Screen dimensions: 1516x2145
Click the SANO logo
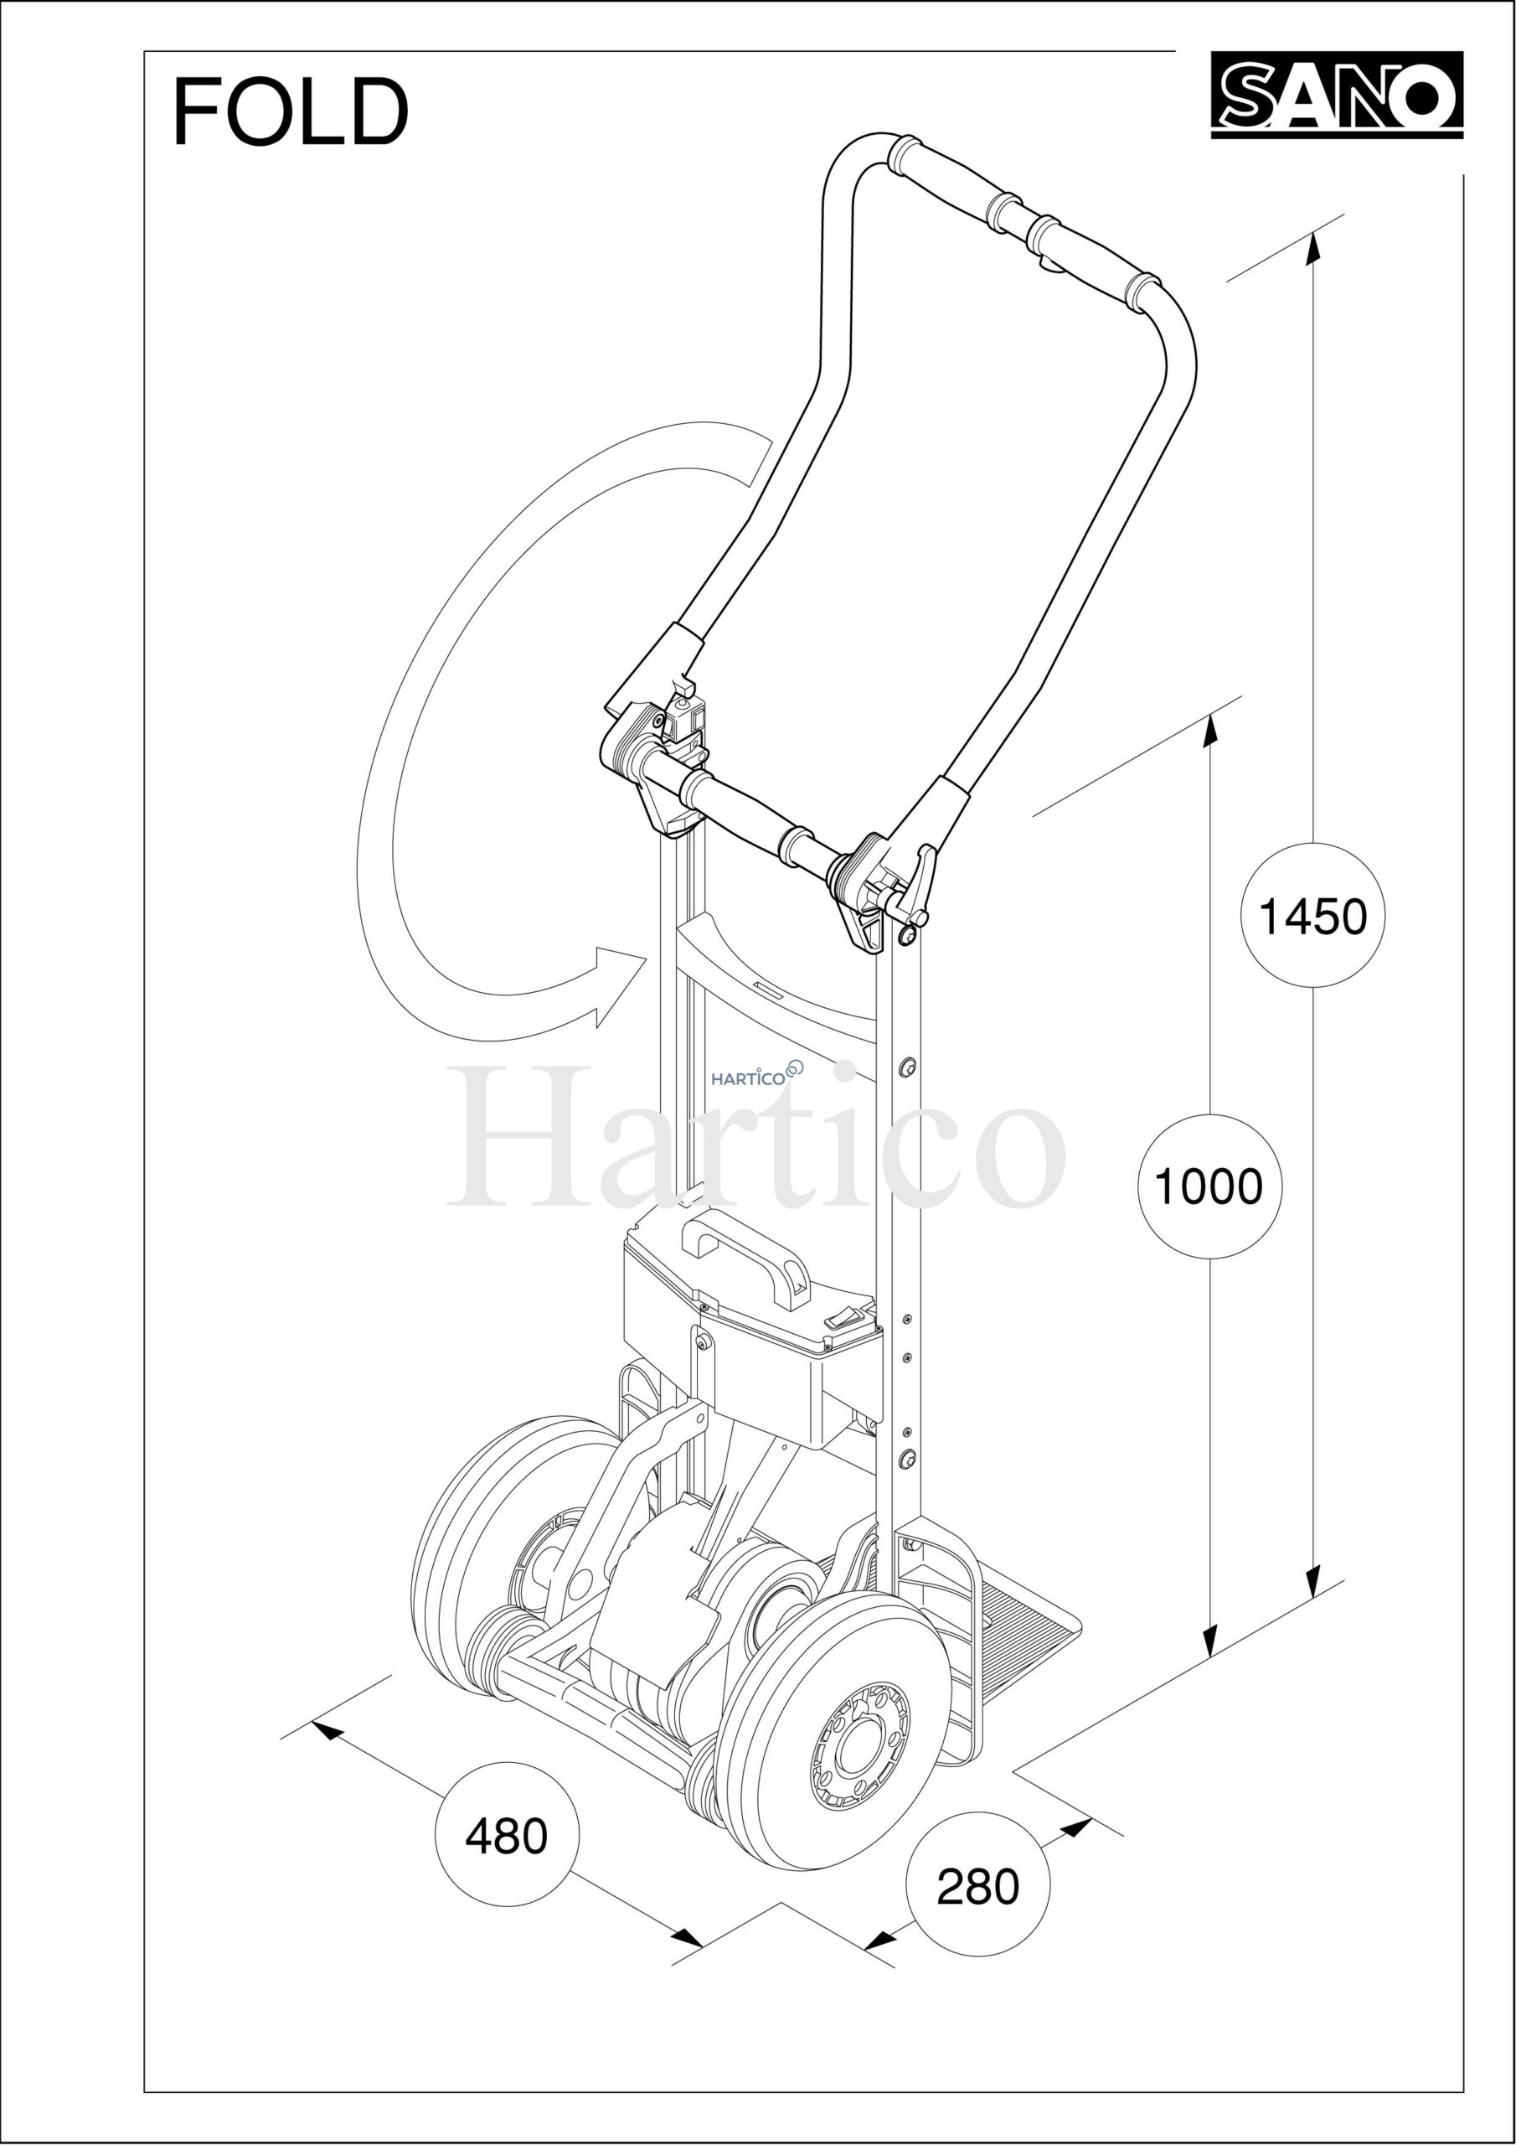coord(1337,95)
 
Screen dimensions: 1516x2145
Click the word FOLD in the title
coord(291,112)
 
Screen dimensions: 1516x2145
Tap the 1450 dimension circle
coord(1312,916)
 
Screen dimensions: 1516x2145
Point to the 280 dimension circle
coord(978,1885)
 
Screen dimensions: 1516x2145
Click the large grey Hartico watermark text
coord(755,1139)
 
